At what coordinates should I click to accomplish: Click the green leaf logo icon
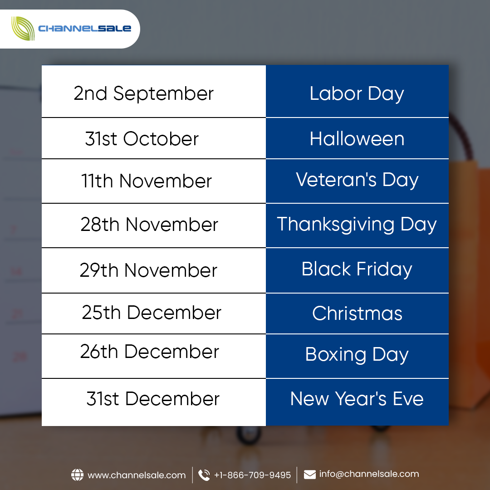[23, 29]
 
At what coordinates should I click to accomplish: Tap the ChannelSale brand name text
[84, 29]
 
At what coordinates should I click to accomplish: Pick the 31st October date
[142, 139]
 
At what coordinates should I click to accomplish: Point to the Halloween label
[357, 139]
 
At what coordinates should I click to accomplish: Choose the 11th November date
[147, 181]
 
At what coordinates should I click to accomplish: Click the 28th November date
[149, 225]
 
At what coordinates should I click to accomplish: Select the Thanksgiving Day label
[357, 225]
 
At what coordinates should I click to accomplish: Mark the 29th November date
[148, 270]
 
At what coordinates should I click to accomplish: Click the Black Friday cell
[357, 269]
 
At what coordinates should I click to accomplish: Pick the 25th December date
[152, 312]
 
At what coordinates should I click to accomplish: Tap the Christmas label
[357, 314]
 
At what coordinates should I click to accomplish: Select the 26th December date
[150, 352]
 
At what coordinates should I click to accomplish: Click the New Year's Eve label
[357, 399]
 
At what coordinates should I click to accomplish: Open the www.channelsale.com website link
[137, 475]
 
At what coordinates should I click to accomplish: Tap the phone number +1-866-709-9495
[253, 475]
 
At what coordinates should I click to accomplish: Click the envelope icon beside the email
[310, 475]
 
